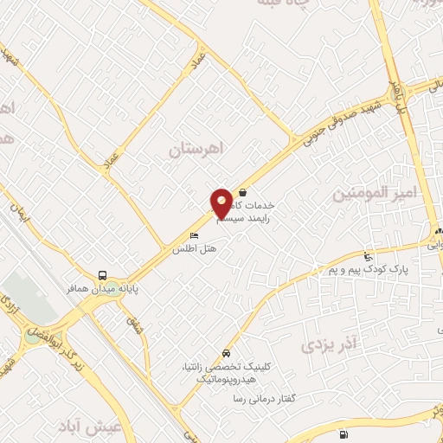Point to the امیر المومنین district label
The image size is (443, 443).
[x=375, y=192]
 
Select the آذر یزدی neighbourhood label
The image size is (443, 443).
[x=329, y=344]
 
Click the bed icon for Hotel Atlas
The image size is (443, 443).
[x=194, y=235]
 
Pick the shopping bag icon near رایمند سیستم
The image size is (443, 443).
[x=243, y=192]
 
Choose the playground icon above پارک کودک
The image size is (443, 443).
[x=369, y=256]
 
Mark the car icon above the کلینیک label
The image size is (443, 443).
[x=226, y=353]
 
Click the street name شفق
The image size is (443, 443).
[x=133, y=326]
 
